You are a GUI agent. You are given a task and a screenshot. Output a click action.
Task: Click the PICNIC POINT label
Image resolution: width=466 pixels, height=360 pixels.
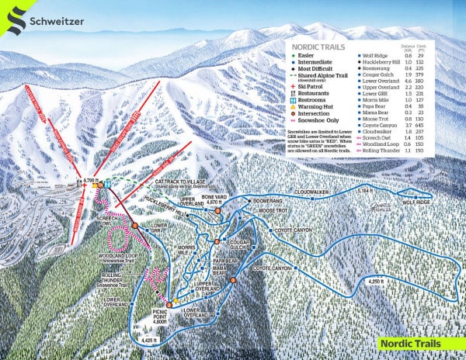[164, 313]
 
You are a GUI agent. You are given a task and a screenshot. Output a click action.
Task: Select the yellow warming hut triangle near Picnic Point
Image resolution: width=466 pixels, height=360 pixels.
[176, 300]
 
